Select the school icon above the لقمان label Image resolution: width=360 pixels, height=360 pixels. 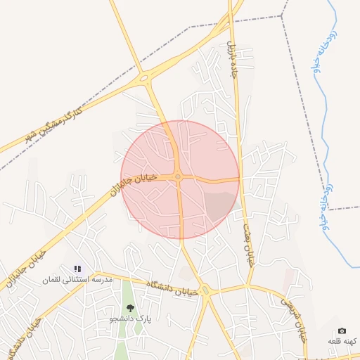(77, 269)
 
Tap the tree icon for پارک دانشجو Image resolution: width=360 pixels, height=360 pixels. (129, 308)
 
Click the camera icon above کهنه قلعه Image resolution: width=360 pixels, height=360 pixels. (342, 330)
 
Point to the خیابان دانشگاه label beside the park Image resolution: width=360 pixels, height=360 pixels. (173, 288)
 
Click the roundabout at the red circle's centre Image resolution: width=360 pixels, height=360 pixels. (179, 176)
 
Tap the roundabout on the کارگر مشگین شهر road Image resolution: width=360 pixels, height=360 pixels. (145, 78)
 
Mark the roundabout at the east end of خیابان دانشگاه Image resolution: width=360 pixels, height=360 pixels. (206, 290)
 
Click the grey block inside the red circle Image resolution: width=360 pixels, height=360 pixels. (219, 205)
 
